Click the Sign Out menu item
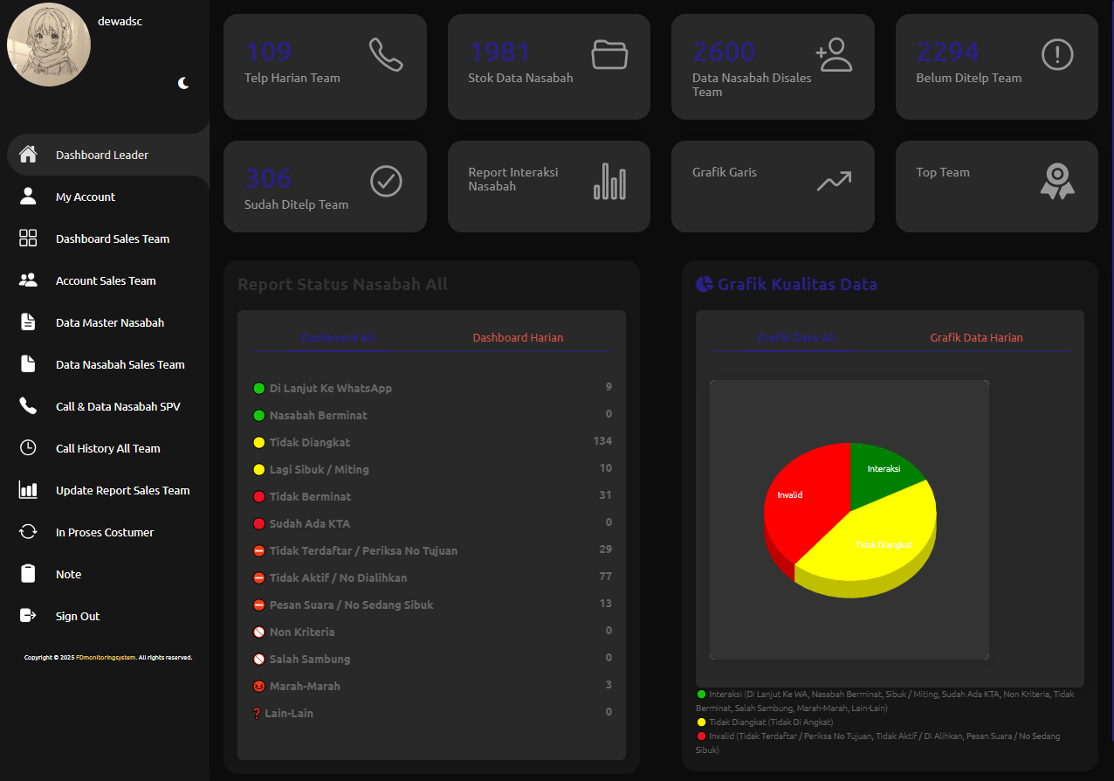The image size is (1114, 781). (x=77, y=616)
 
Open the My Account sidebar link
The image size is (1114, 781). (x=85, y=197)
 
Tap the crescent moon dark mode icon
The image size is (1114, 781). (x=183, y=83)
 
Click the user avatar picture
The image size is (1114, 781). (x=49, y=45)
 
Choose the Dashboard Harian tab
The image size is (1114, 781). (x=518, y=337)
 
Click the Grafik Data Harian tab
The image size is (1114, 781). (x=976, y=337)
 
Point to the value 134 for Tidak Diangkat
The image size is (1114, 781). (x=602, y=441)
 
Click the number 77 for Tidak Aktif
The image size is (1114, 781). (x=605, y=577)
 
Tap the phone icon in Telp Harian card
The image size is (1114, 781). (x=386, y=54)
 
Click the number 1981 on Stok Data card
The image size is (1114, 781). (x=500, y=52)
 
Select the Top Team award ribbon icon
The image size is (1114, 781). (x=1057, y=182)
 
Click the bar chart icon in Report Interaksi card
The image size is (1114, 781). (x=609, y=182)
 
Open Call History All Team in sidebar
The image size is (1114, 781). (x=107, y=448)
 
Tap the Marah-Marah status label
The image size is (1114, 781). (x=305, y=686)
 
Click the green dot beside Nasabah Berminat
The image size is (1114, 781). (x=258, y=415)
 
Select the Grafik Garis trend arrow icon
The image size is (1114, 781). (x=834, y=181)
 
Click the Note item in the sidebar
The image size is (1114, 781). (x=68, y=574)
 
